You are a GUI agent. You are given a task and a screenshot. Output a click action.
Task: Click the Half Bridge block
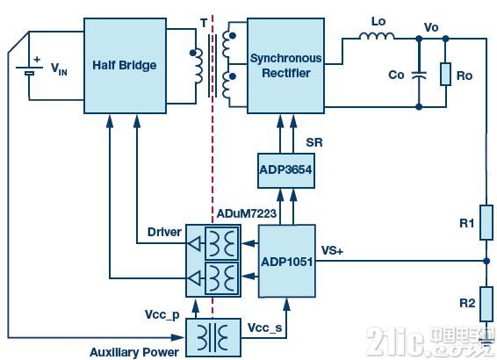pos(125,66)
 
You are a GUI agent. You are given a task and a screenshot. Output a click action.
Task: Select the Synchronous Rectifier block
pos(285,66)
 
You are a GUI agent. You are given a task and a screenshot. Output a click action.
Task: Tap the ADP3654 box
pos(286,171)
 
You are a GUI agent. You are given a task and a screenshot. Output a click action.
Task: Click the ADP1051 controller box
pos(287,261)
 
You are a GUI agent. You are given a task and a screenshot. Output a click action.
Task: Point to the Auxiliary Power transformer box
pos(213,337)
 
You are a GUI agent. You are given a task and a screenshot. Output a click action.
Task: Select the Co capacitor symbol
pos(419,76)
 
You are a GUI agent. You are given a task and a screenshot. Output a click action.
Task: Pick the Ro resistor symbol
pos(446,74)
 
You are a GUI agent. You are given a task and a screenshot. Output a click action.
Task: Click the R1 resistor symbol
pos(486,222)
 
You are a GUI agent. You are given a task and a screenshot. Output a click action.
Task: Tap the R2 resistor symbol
pos(486,304)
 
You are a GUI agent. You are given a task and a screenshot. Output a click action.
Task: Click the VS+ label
pos(332,250)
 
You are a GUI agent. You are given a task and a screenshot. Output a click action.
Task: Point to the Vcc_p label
pos(162,315)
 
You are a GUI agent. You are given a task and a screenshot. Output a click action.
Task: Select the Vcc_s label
pos(264,328)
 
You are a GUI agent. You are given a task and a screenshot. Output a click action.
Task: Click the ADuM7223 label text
pos(247,213)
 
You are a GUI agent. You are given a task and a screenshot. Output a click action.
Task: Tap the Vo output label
pos(431,27)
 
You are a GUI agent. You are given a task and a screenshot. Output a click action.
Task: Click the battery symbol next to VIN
pos(29,70)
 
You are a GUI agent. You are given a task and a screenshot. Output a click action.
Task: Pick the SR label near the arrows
pos(314,142)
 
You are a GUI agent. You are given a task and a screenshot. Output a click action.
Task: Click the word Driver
pos(164,232)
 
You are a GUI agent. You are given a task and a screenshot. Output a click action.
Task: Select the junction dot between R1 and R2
pos(486,261)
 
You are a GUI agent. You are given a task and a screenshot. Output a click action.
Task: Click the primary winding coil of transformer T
pos(197,66)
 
